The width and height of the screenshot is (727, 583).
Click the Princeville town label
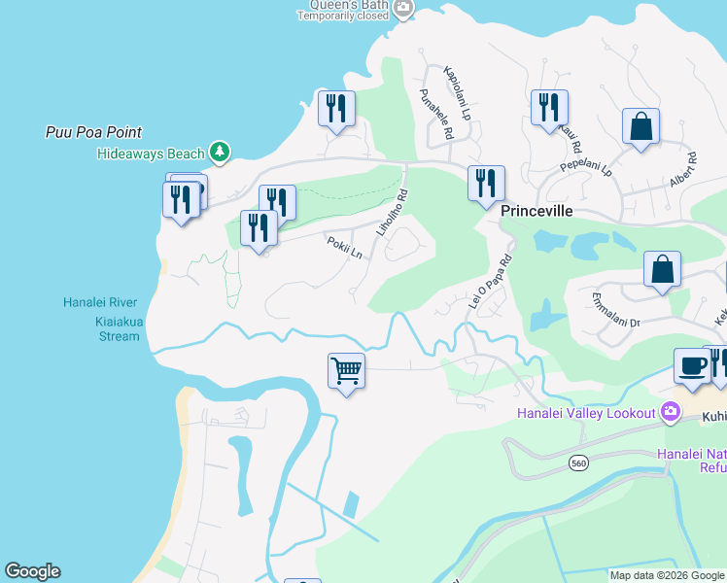tap(535, 211)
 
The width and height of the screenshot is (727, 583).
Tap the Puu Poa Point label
tap(94, 132)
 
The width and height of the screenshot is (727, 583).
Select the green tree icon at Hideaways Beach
tap(221, 152)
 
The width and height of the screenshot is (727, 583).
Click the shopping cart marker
tap(346, 371)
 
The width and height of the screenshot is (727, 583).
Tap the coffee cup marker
tap(692, 367)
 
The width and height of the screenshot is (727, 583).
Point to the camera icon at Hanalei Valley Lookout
tap(670, 413)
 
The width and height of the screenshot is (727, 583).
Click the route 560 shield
tap(578, 464)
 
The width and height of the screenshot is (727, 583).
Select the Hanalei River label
tap(101, 302)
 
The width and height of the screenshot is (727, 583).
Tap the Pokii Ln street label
tap(344, 249)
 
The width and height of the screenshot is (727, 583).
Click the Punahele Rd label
tap(436, 113)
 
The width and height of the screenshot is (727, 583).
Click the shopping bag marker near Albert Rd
tap(640, 126)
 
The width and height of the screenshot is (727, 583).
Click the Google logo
tap(32, 571)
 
